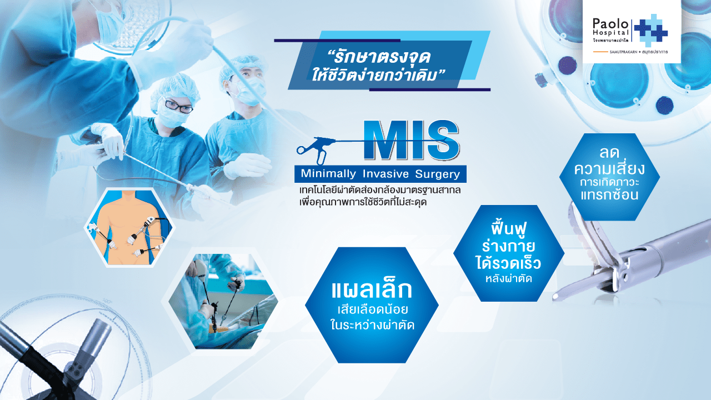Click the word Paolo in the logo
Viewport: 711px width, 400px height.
[x=610, y=23]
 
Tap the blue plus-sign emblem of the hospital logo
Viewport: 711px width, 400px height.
[x=650, y=31]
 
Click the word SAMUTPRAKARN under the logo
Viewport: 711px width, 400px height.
[x=623, y=52]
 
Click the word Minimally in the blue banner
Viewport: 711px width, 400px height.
[x=328, y=174]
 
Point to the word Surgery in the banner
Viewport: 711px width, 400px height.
[x=438, y=174]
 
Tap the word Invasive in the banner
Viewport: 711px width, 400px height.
[x=385, y=174]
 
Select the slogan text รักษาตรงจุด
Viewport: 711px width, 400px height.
[x=379, y=57]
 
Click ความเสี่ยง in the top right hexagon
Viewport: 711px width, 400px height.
[x=609, y=168]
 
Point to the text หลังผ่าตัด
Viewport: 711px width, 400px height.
[x=508, y=278]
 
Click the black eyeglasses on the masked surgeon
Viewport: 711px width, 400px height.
[x=179, y=107]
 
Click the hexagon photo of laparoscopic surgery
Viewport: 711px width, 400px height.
[x=223, y=301]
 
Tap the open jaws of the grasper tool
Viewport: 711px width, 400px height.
[x=587, y=251]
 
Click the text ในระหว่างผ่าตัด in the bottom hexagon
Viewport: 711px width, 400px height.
[x=372, y=326]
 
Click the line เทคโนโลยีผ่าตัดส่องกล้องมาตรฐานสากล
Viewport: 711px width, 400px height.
[x=380, y=191]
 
